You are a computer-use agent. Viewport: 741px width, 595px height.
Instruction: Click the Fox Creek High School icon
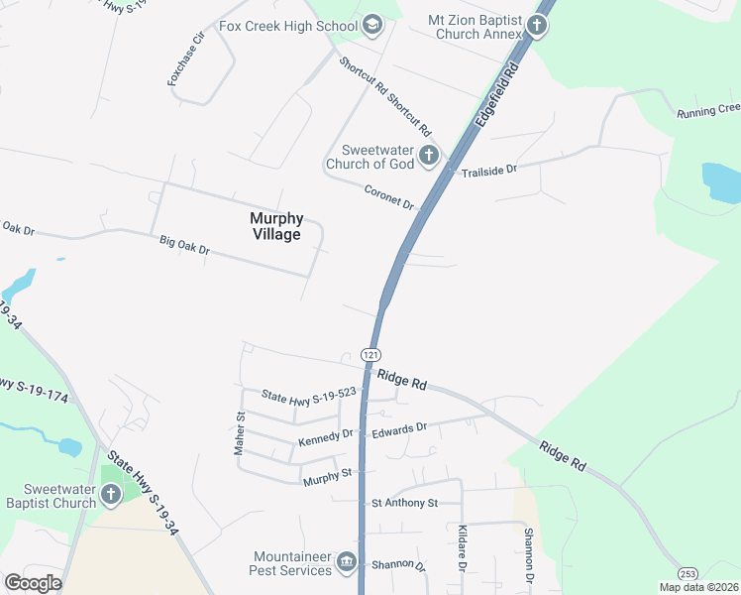point(372,25)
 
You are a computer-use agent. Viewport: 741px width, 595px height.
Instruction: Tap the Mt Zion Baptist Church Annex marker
point(536,25)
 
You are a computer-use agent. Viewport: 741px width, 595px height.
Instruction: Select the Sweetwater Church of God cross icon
point(428,155)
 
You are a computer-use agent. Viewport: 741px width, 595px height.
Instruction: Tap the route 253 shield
point(688,574)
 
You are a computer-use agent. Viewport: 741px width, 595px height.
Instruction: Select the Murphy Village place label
point(275,226)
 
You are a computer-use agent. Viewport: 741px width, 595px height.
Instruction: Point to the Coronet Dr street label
point(388,196)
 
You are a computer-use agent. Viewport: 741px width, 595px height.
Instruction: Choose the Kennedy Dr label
point(326,437)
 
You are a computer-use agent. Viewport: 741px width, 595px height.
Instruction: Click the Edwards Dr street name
point(399,430)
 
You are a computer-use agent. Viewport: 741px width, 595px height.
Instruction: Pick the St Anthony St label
point(404,504)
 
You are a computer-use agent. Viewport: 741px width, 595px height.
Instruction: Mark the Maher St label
point(239,435)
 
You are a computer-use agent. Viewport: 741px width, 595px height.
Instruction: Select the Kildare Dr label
point(462,548)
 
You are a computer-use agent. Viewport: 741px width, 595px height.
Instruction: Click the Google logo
point(33,583)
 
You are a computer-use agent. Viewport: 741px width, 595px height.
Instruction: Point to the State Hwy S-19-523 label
point(308,395)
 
